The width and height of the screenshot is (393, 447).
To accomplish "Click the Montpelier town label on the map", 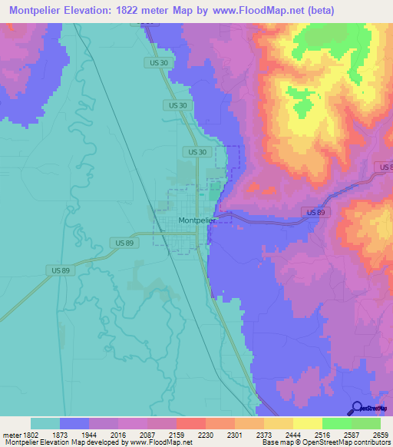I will coord(197,220).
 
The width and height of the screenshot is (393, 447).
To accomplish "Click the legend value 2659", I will coord(379,434).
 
